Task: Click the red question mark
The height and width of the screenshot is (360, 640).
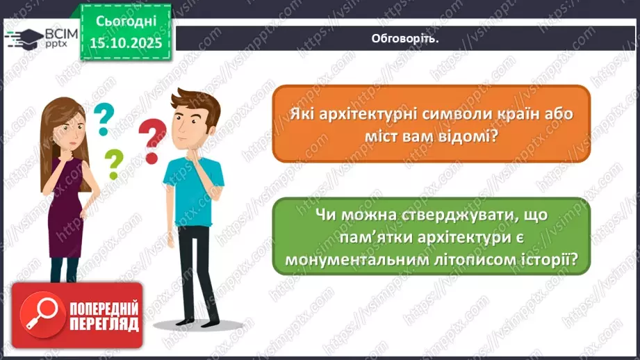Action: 151,138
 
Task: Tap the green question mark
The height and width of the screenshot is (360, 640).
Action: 113,164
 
